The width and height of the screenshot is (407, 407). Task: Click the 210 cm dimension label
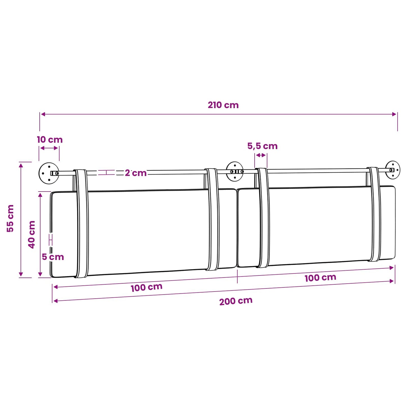(x=223, y=105)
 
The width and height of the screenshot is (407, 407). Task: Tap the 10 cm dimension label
(x=50, y=140)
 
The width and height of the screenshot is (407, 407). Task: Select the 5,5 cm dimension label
(x=262, y=146)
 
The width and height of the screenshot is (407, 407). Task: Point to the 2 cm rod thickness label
(x=135, y=173)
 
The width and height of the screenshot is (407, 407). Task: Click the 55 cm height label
(x=10, y=218)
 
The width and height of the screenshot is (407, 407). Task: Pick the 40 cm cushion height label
(x=32, y=234)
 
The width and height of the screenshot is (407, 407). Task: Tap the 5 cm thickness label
(x=53, y=257)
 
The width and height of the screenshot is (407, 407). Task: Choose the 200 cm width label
(x=236, y=301)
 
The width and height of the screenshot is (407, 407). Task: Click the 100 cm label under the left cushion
(x=146, y=288)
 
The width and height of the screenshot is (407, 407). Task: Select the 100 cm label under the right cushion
(x=320, y=278)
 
